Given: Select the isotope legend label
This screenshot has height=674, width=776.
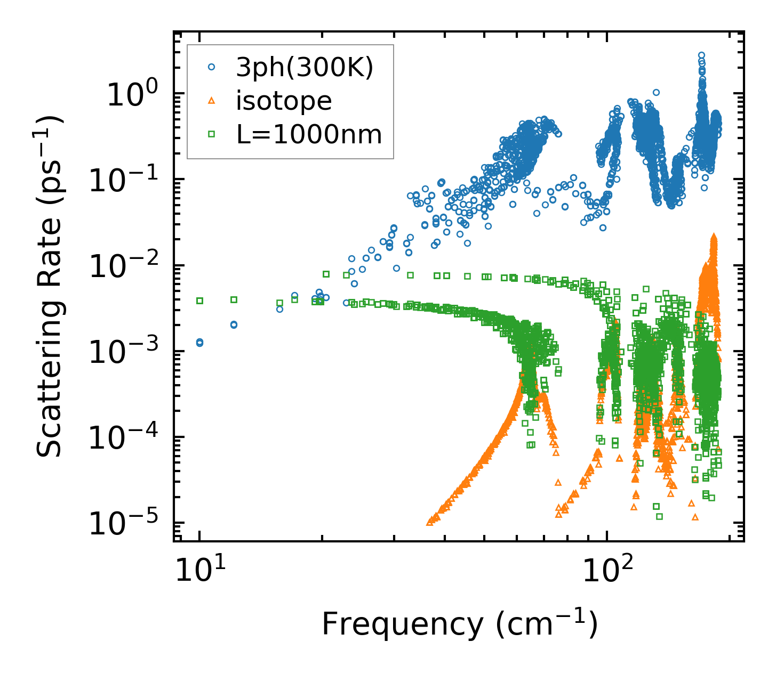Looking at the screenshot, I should (x=284, y=101).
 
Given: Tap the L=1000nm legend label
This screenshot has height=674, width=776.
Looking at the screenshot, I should (x=309, y=135).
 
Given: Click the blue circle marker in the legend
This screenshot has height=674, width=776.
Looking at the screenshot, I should (x=212, y=67).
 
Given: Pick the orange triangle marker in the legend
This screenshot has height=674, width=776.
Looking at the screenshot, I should (x=212, y=101).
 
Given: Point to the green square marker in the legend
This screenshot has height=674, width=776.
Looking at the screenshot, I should (x=212, y=135).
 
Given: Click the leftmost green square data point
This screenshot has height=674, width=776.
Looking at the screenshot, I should (x=200, y=301).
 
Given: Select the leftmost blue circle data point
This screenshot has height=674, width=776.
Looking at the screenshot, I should (x=199, y=343).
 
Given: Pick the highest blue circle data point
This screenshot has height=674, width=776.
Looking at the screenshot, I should (x=702, y=55).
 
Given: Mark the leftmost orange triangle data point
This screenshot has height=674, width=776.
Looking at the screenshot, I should (x=430, y=523).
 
